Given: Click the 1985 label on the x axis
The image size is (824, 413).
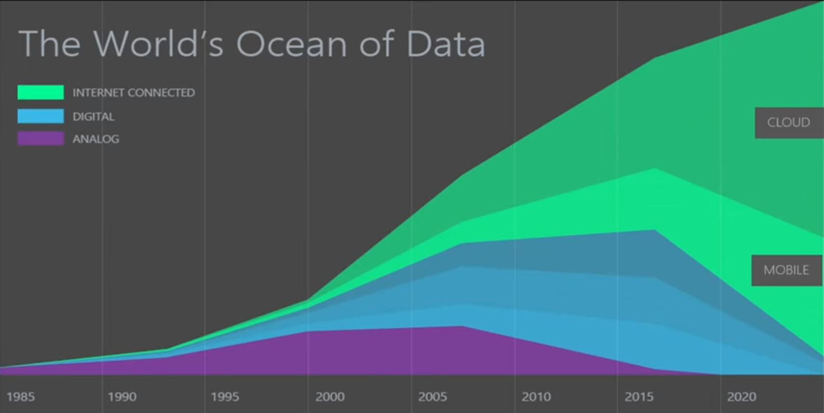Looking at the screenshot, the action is (x=21, y=397).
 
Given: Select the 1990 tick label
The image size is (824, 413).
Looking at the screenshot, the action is (x=122, y=397).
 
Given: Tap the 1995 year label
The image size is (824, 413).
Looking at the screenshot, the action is (x=225, y=397).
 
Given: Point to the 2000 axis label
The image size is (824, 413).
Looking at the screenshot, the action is (x=330, y=397).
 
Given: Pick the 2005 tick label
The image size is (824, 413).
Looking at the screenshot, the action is (x=432, y=397).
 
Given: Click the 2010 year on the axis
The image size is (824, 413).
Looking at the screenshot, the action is (x=536, y=397).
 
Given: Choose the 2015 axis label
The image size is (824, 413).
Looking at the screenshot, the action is (x=639, y=397).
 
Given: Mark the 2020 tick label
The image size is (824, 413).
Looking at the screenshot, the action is (x=742, y=397).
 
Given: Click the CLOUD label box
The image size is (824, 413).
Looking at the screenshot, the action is (x=789, y=123).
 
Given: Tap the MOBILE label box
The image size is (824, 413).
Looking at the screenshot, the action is (x=787, y=270).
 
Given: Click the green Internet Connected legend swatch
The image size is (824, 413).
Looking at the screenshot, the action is (x=40, y=92).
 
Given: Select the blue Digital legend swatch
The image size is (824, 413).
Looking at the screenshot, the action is (x=40, y=116).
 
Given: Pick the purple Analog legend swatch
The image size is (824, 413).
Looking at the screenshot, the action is (x=40, y=139).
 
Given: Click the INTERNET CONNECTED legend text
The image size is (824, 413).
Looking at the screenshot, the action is (x=134, y=93).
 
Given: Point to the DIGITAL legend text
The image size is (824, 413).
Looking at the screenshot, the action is (x=93, y=117).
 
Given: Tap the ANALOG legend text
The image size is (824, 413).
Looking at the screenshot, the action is (x=96, y=139).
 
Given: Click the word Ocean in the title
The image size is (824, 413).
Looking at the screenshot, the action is (x=293, y=44).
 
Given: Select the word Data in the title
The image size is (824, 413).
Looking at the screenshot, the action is (x=446, y=44).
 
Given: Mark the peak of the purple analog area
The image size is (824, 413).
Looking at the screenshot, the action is (x=462, y=326).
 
